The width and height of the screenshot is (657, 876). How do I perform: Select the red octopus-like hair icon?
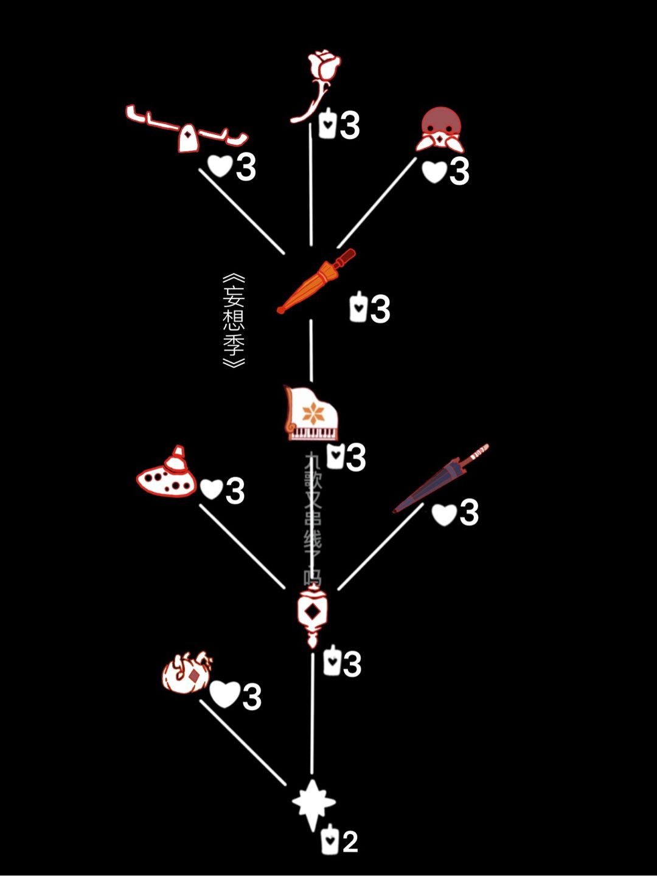441,129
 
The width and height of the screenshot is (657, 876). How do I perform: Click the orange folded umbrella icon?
316,281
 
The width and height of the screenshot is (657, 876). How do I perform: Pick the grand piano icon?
311,413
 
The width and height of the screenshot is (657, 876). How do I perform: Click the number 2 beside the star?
350,842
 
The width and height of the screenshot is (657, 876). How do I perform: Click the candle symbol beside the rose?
327,124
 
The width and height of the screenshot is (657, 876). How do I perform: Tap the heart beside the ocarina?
211,489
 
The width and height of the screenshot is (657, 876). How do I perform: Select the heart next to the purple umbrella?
443,514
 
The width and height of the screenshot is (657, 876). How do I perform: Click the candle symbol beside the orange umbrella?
358,308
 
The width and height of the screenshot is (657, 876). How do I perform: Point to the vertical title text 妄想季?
234,320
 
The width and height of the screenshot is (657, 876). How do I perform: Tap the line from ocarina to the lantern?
242,546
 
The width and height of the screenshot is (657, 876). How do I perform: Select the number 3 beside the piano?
355,457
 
